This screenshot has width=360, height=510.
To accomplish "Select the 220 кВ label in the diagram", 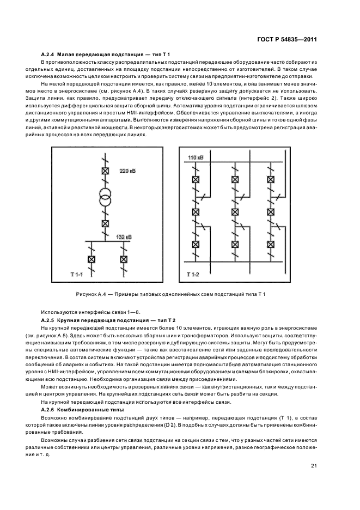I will (x=127, y=171).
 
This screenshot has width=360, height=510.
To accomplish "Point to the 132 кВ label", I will (x=124, y=237).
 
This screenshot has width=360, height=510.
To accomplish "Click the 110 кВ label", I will (x=196, y=157).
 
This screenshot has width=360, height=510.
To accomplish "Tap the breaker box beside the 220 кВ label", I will (x=105, y=171).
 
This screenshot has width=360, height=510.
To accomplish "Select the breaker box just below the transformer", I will (x=105, y=223).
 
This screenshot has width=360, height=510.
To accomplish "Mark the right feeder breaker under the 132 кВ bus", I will (x=124, y=259).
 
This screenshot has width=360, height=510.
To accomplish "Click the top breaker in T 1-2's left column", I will (x=195, y=179).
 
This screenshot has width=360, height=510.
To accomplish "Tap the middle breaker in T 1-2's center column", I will (x=235, y=211).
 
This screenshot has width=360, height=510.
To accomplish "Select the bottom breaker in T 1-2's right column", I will (x=271, y=244).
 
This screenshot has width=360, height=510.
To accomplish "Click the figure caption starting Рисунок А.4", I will (x=170, y=295).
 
